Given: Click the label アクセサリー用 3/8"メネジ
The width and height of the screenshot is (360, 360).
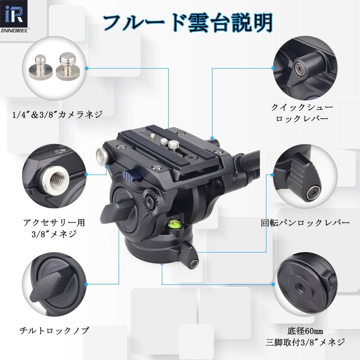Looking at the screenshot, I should coord(54,228).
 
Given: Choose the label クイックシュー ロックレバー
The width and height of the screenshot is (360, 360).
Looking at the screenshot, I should coord(301,113).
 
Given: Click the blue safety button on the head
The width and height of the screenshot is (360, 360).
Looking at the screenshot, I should coord(130,174).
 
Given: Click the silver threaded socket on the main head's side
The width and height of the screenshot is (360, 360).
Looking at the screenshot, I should coord(100,156).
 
